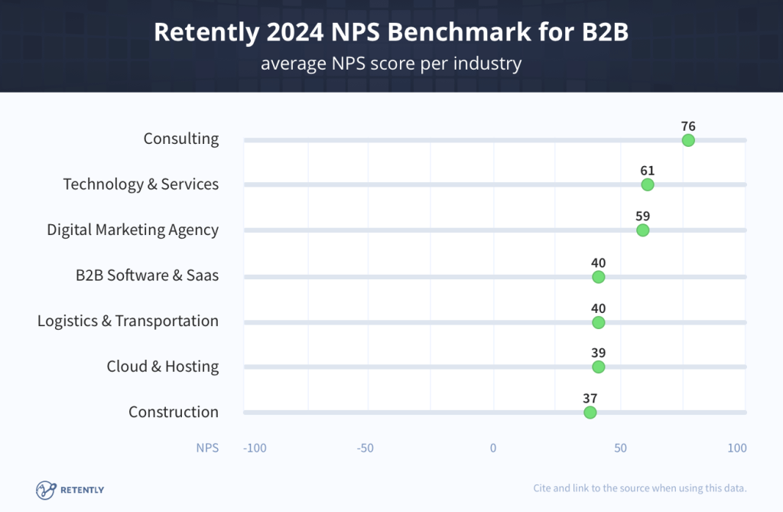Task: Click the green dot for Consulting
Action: pos(688,140)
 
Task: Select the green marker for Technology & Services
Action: pos(648,184)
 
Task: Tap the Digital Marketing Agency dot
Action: pos(642,230)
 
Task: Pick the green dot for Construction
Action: pos(590,413)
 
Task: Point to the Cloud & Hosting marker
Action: pos(598,367)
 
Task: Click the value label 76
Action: pos(688,126)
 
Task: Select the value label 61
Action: pos(648,171)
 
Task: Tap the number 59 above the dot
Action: pos(642,216)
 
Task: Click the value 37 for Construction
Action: pos(590,398)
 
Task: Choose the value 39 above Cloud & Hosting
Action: pos(598,353)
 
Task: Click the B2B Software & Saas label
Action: pos(147,276)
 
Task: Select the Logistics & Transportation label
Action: pos(128,321)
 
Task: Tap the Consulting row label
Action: pos(181,139)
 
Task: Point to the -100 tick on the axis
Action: pos(255,448)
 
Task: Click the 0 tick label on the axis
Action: pos(493,448)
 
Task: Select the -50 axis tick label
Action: pos(366,448)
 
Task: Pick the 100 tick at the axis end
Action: pos(736,448)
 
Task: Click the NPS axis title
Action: pos(206,448)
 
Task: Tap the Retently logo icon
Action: pos(47,489)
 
